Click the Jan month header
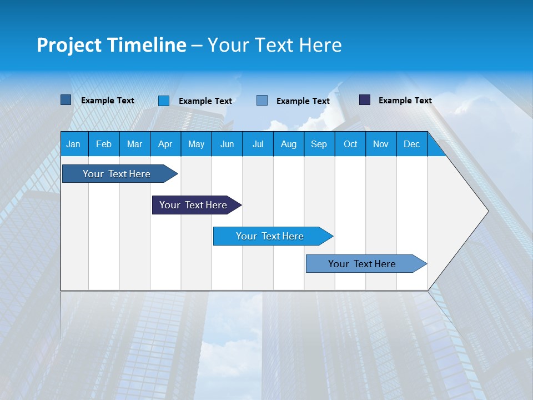coord(73,144)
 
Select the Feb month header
coord(104,144)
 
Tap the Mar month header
coord(134,144)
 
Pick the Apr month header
coord(165,144)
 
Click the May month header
coord(196,144)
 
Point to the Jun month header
coord(227,144)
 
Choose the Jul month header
coord(258,144)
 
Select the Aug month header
coord(289,144)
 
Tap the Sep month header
coord(319,144)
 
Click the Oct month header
coord(350,144)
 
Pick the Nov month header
coord(381,144)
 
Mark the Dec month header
coord(412,144)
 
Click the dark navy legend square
coord(365,100)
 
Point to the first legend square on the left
coord(66,100)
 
